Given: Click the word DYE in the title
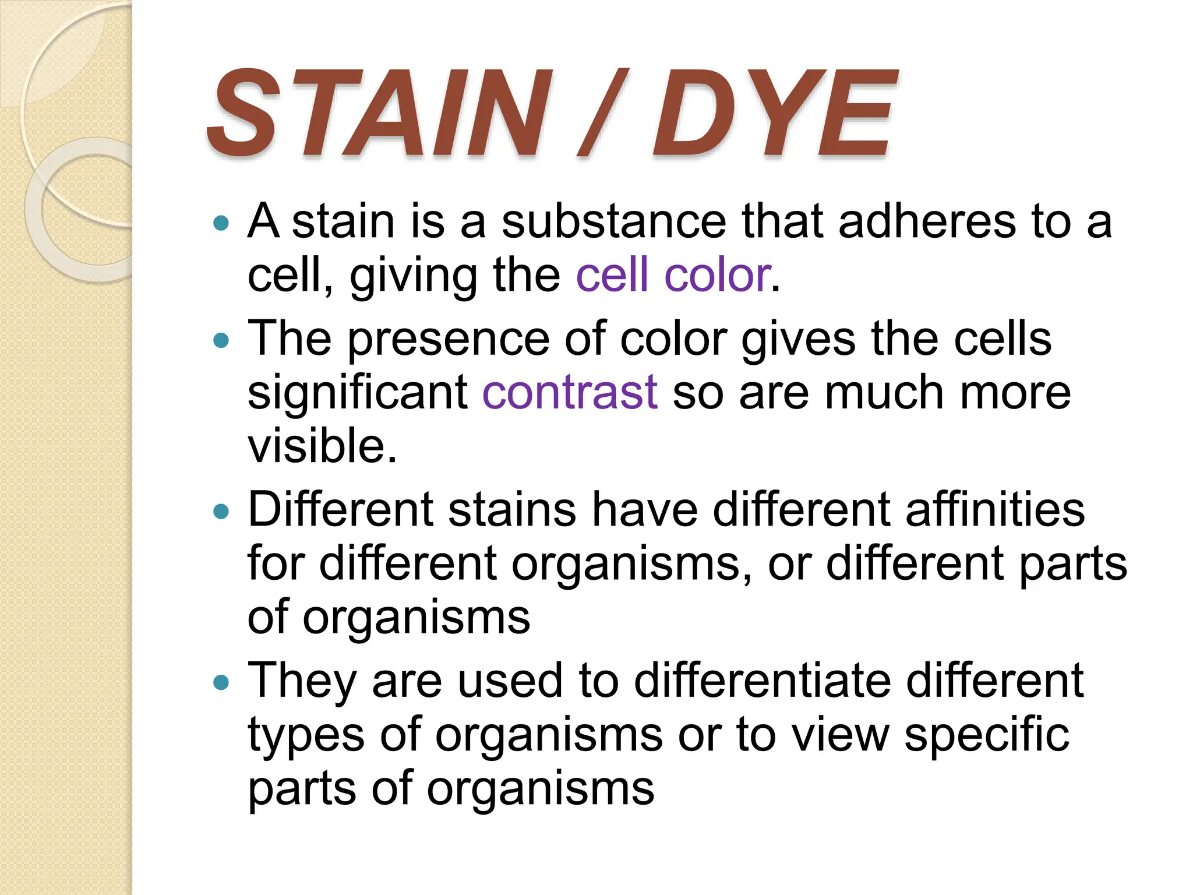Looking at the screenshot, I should coord(775,114).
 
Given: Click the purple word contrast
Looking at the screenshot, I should coord(570,392).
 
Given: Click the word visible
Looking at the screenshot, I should coord(322,446).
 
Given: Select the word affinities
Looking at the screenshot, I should coord(995,509).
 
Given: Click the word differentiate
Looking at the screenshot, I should coord(763,680).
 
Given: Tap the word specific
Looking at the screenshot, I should coord(986,734).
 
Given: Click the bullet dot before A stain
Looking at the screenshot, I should coord(221,223).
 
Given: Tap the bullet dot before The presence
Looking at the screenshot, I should coord(221,340).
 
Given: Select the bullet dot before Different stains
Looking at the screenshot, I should coord(221,511).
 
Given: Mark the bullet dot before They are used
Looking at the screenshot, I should coord(221,682).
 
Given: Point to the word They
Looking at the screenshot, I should coord(302,681).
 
